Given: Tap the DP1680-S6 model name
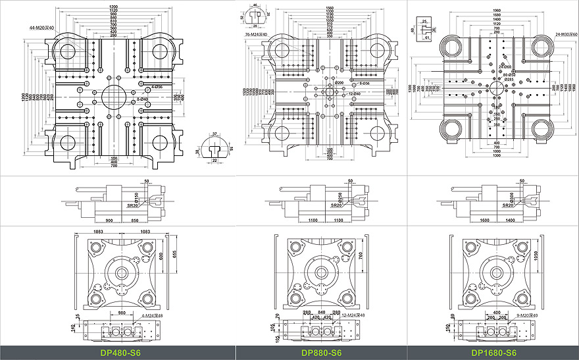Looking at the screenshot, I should pyautogui.click(x=494, y=353).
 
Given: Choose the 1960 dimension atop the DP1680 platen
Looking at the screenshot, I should pyautogui.click(x=497, y=10).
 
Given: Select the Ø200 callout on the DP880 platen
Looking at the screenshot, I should pyautogui.click(x=340, y=82).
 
